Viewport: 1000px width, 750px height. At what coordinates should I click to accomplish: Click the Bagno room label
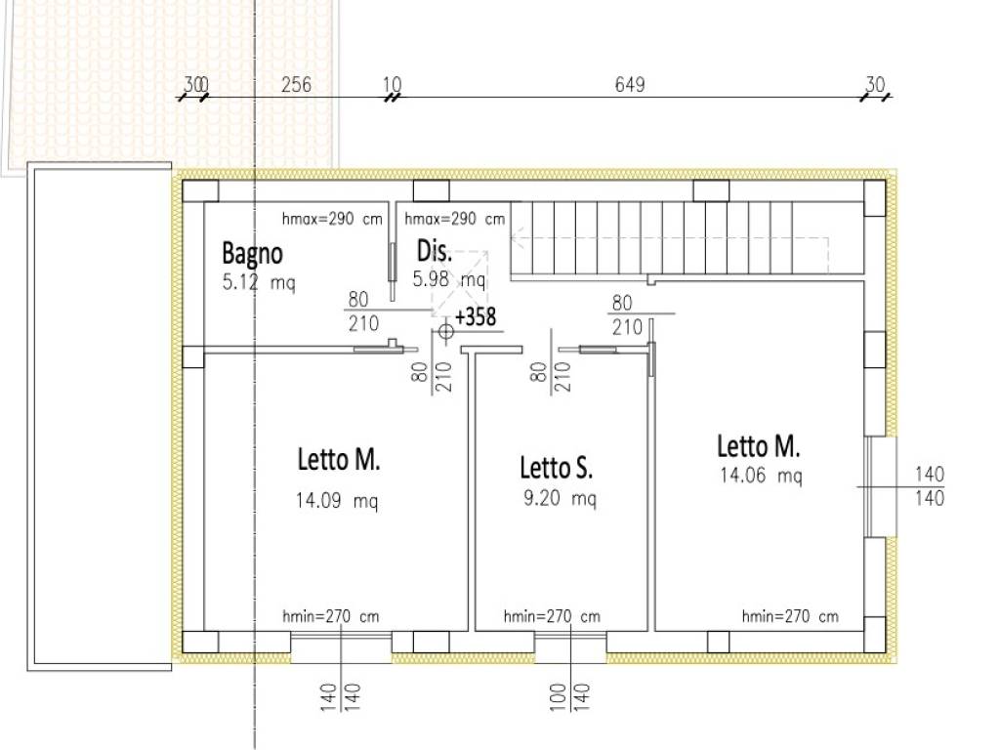pyautogui.click(x=253, y=254)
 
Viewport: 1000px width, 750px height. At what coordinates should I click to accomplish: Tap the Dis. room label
pyautogui.click(x=435, y=251)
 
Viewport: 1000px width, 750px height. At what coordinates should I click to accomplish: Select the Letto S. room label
pyautogui.click(x=556, y=468)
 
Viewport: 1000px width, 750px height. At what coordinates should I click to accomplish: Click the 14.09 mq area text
pyautogui.click(x=337, y=501)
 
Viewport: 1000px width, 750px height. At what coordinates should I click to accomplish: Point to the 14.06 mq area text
pyautogui.click(x=761, y=476)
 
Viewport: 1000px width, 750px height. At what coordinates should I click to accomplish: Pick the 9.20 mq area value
pyautogui.click(x=560, y=498)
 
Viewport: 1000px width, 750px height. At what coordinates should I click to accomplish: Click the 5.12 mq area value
pyautogui.click(x=259, y=282)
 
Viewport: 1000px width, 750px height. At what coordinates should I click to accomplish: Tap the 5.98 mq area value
pyautogui.click(x=449, y=279)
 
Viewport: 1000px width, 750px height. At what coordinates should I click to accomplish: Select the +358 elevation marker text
pyautogui.click(x=476, y=316)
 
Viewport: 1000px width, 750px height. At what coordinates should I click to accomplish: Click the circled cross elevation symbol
pyautogui.click(x=445, y=332)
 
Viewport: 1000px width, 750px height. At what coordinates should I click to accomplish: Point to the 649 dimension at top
pyautogui.click(x=630, y=85)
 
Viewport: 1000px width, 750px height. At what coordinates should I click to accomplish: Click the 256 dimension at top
pyautogui.click(x=297, y=85)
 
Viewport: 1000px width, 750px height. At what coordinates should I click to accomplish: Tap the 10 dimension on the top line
pyautogui.click(x=393, y=85)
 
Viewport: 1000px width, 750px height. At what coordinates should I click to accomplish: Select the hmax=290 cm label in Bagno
pyautogui.click(x=332, y=220)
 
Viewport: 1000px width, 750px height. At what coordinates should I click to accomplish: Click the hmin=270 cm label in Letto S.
pyautogui.click(x=552, y=617)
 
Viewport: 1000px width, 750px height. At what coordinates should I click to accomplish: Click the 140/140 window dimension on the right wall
pyautogui.click(x=930, y=486)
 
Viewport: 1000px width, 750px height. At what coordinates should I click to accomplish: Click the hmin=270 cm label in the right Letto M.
pyautogui.click(x=790, y=617)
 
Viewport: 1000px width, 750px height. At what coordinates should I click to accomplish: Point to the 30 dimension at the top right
pyautogui.click(x=875, y=84)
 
